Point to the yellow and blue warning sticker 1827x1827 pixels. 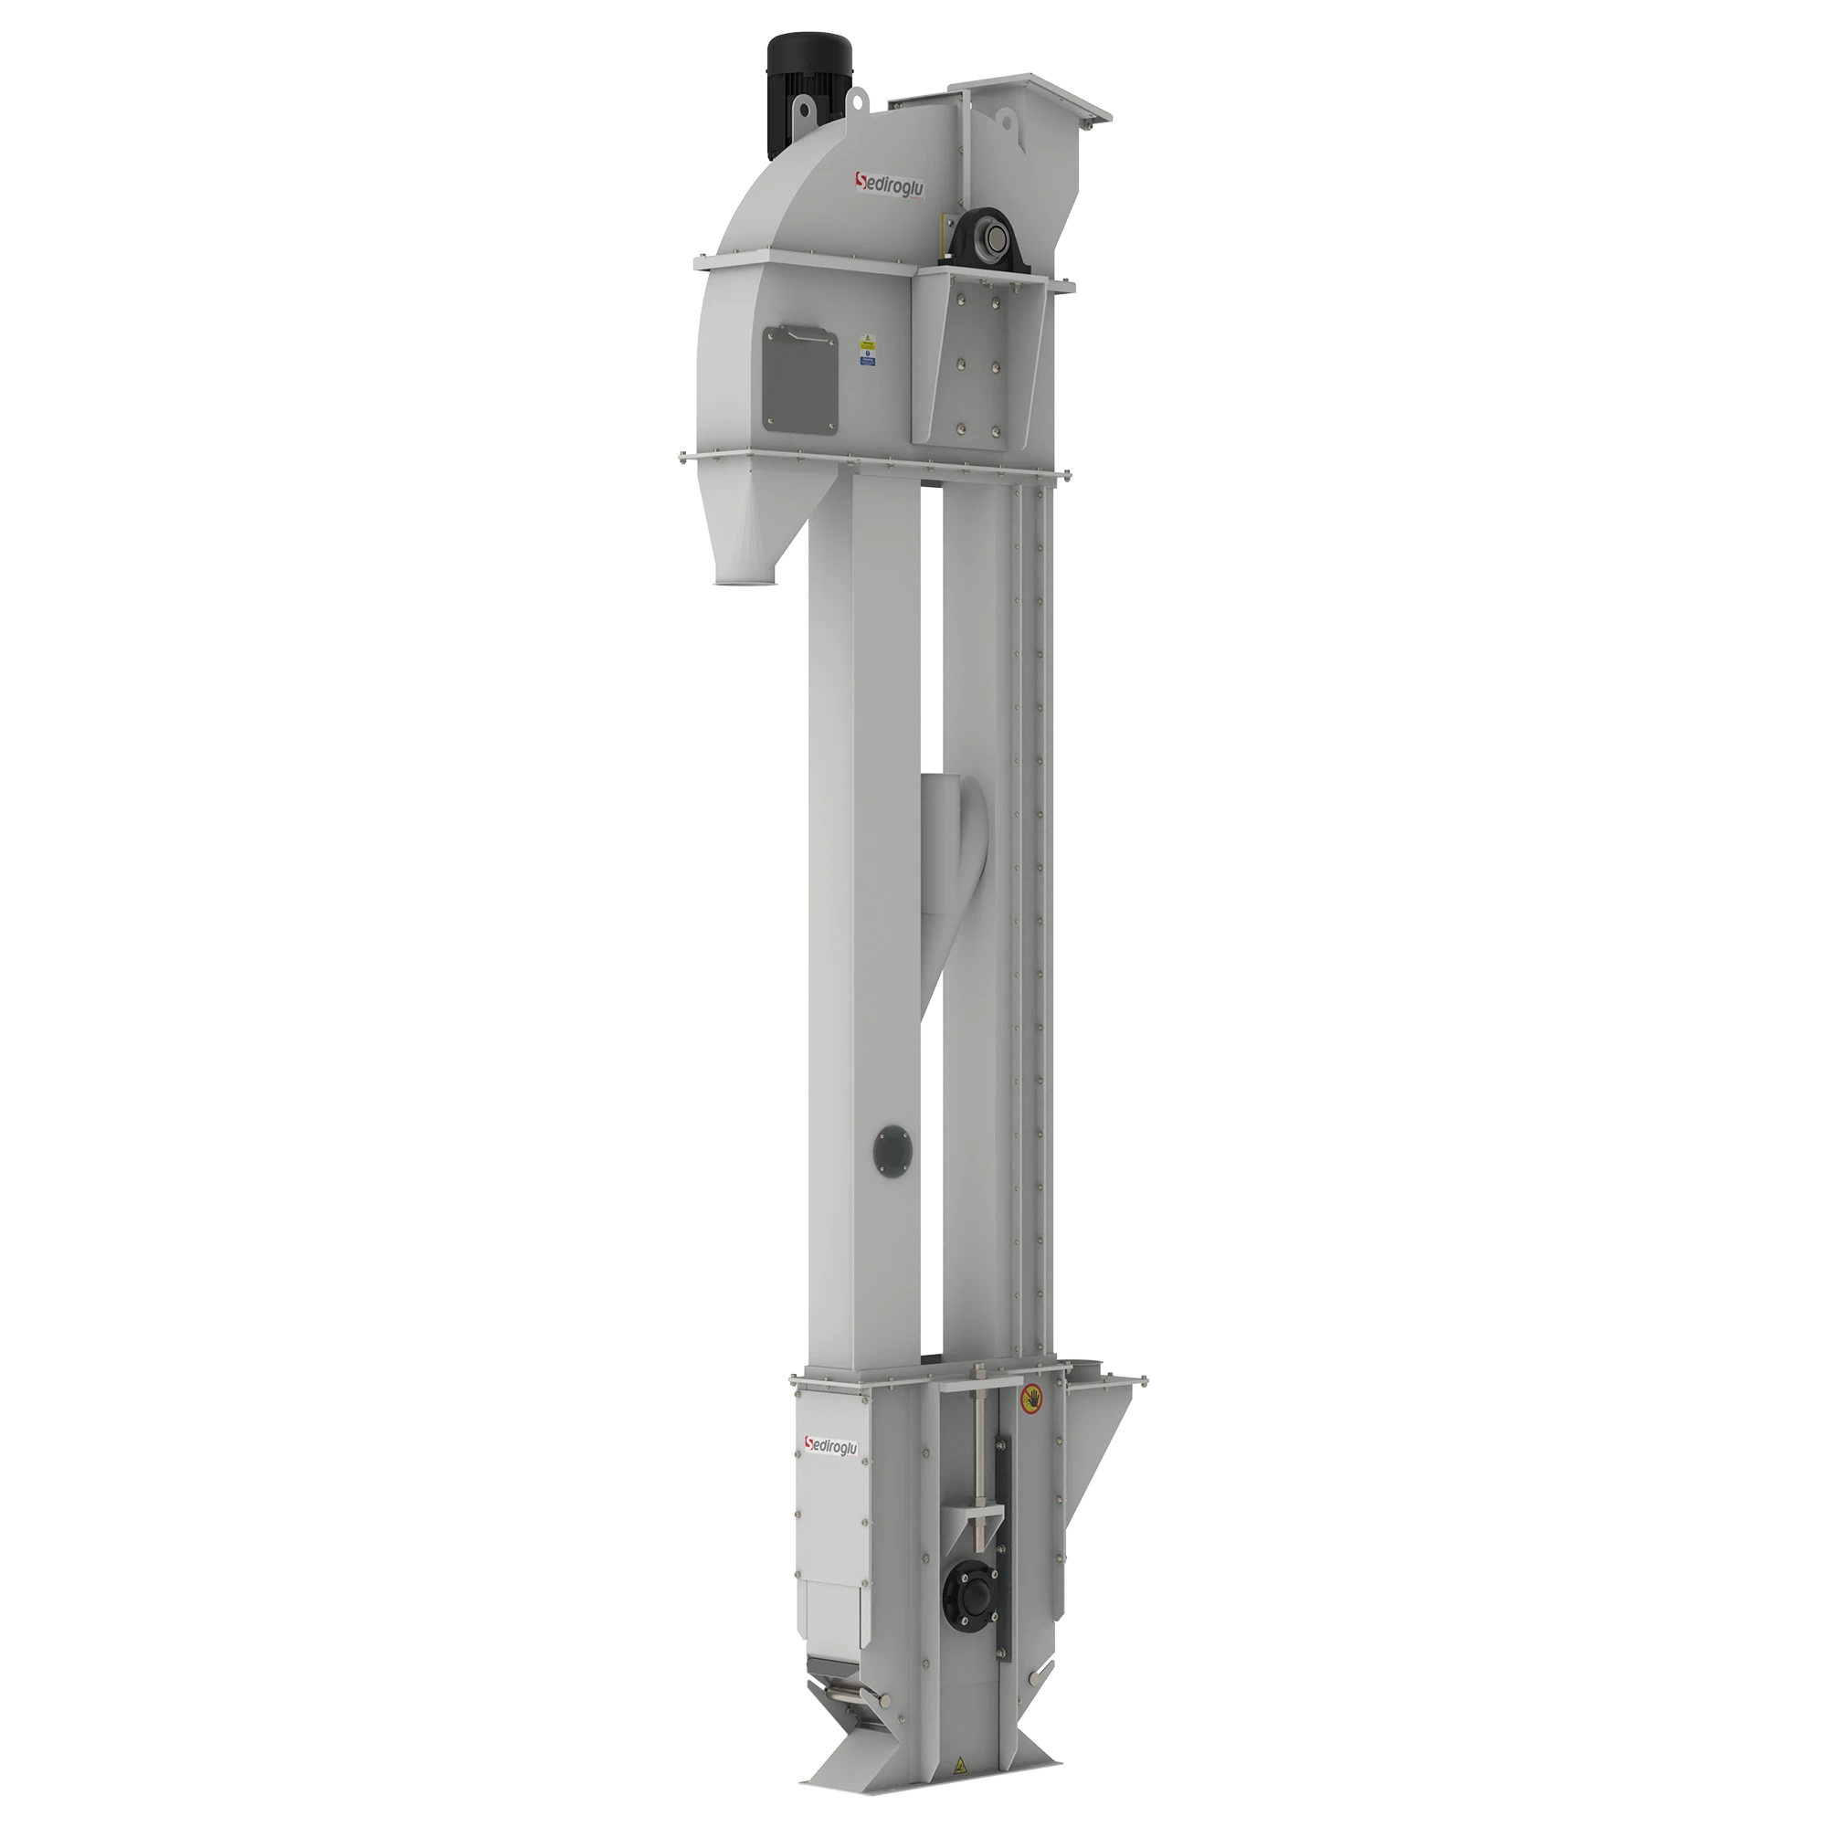(x=866, y=350)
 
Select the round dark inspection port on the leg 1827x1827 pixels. (x=894, y=1149)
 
